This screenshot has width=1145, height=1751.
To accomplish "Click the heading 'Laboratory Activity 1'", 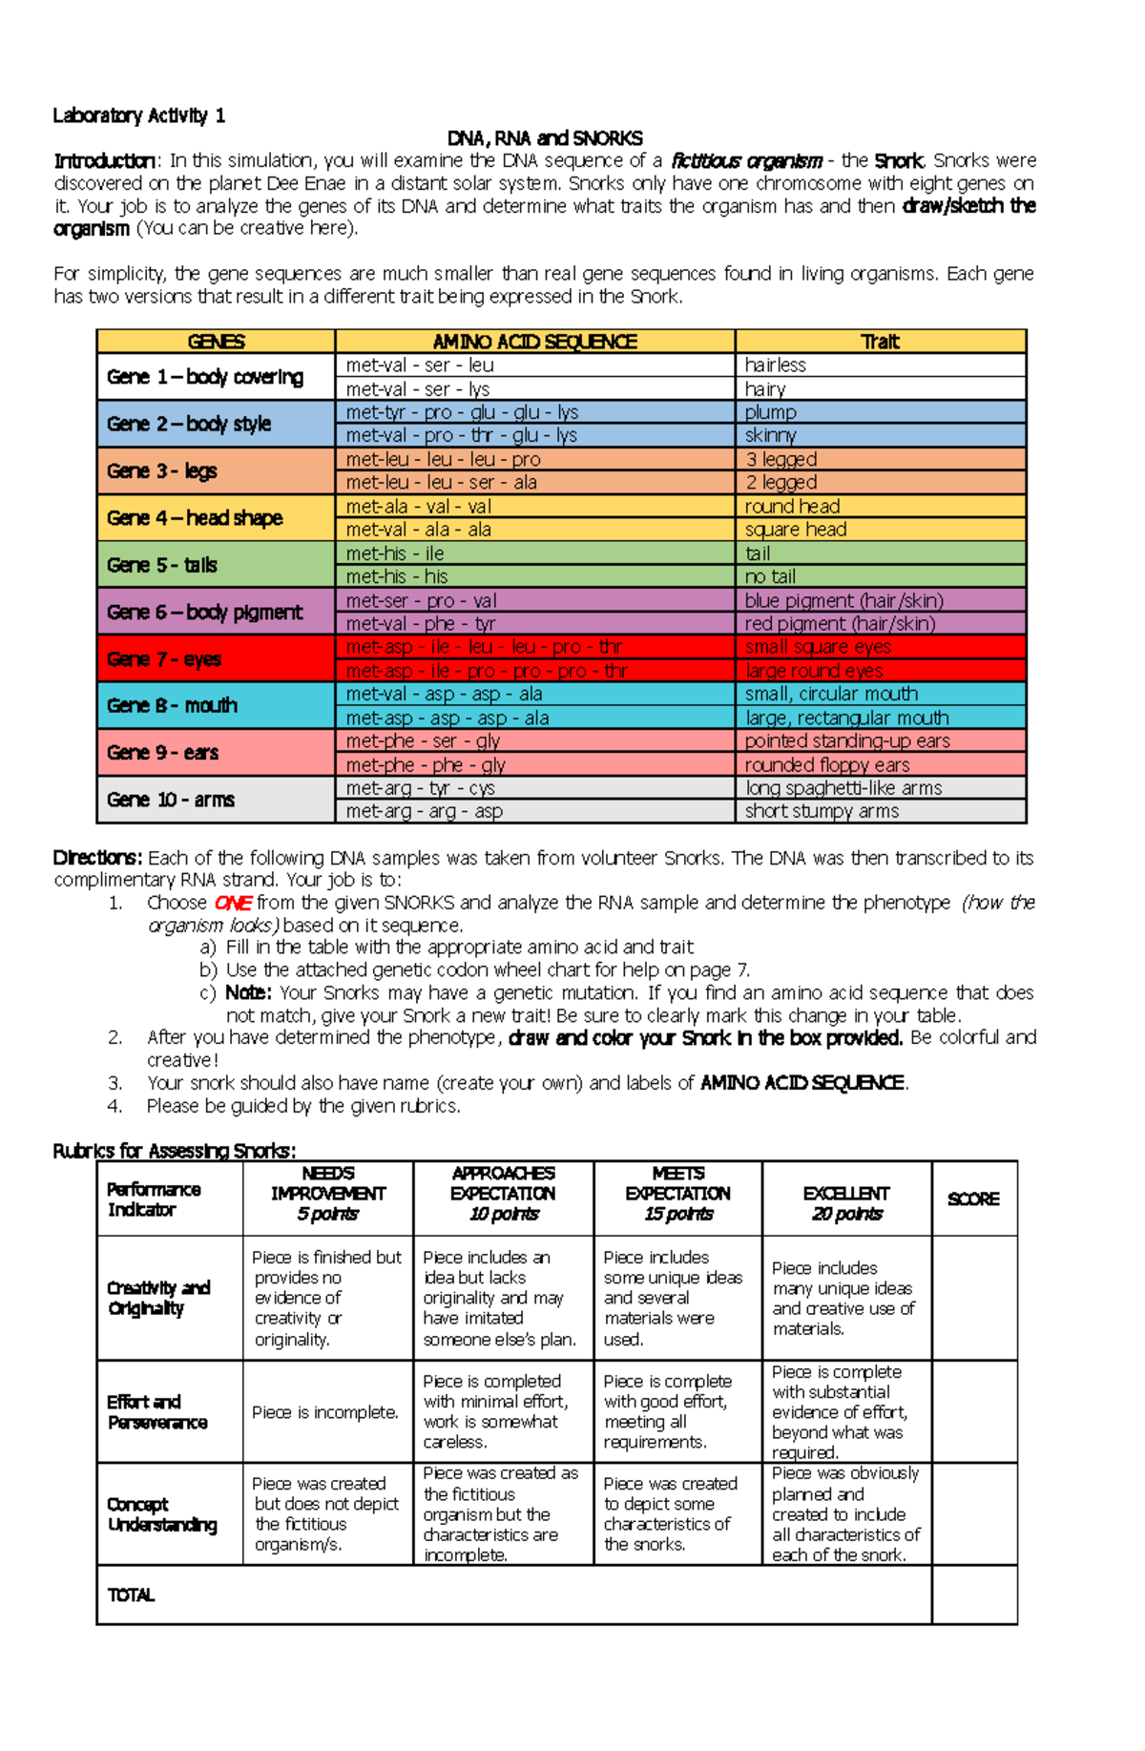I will pos(139,115).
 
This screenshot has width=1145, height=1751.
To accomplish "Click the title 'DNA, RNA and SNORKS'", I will pos(545,138).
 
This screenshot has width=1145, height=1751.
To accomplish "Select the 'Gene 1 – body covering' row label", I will pos(205,377).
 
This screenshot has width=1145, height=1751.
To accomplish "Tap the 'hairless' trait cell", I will pos(775,365).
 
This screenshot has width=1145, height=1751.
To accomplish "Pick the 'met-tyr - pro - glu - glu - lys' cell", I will pos(462,412).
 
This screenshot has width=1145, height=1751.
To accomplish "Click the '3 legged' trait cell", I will pos(781,459).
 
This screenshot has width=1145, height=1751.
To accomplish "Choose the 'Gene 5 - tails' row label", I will pos(162,565).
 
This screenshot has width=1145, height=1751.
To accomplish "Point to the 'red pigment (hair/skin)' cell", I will pos(840,624).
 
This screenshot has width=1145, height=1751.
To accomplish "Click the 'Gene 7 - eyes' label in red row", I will pos(164,659).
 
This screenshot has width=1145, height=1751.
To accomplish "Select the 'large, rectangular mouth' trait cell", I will pos(846,718).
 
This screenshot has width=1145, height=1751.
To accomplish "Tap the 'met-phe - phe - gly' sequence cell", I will pos(426,765).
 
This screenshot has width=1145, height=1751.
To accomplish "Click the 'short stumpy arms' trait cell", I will pos(822,811).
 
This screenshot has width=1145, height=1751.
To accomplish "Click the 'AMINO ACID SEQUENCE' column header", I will pos(534,342).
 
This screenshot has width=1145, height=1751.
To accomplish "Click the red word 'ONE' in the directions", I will pos(233,903).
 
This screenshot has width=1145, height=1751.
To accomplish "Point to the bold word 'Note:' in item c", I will pos(248,992).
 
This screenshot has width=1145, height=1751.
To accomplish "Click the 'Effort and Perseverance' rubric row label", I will pos(157,1412).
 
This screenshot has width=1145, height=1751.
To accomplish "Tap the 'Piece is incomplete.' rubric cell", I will pos(325,1412).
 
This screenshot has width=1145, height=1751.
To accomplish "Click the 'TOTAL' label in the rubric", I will pos(131,1595).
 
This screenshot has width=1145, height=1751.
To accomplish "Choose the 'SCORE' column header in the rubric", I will pos(973,1199).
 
